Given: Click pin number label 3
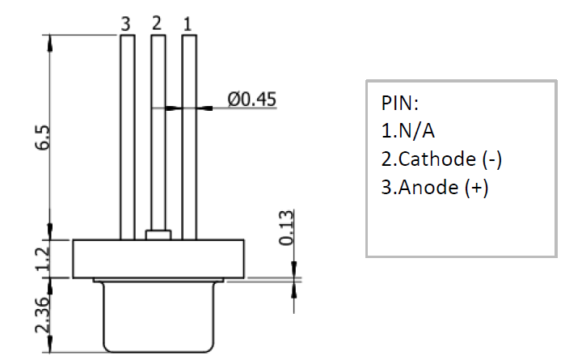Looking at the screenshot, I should (125, 24).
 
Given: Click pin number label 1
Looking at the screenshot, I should (187, 24).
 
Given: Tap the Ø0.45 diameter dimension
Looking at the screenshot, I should (252, 100).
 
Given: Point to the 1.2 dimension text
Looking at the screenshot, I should (43, 258).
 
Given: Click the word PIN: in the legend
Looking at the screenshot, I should (401, 104).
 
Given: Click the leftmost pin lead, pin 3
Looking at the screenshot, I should (127, 138).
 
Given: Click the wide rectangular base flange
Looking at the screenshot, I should (158, 258).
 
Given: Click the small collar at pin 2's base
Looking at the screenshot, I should (158, 235).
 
